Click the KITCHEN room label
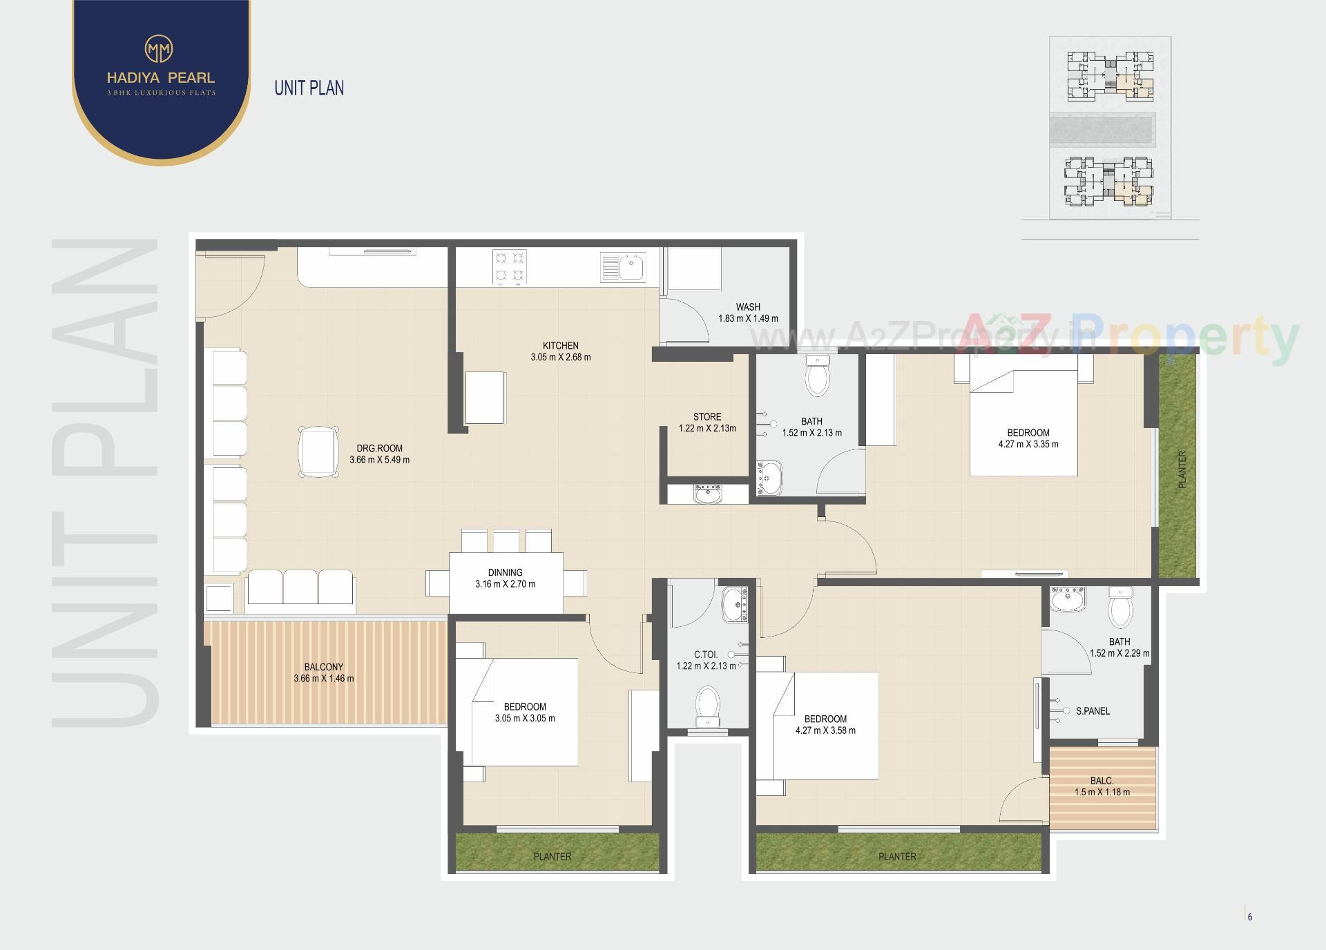point(560,346)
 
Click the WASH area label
point(748,307)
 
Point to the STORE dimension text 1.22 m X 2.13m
point(707,428)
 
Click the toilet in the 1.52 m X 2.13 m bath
point(818,376)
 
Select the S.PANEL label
point(1093,711)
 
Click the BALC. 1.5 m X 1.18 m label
point(1102,786)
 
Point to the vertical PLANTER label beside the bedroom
point(1182,470)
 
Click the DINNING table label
point(505,572)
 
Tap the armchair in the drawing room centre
point(318,451)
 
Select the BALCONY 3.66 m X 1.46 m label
point(323,672)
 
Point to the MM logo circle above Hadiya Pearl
point(159,49)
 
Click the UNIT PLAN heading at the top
point(309,88)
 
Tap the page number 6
point(1250,917)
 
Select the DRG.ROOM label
point(379,448)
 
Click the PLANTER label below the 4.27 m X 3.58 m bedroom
point(897,856)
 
